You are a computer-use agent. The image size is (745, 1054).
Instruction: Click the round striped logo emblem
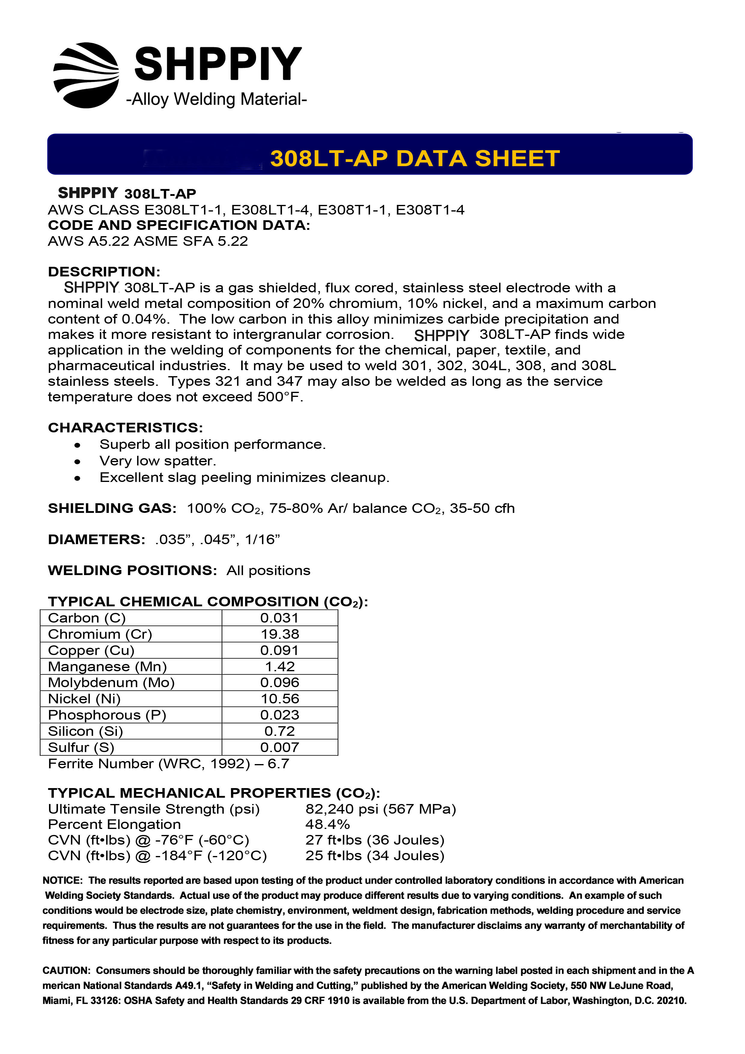(86, 75)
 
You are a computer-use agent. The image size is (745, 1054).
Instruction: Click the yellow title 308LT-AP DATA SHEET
(415, 158)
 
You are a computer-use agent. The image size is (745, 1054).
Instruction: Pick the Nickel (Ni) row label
(84, 699)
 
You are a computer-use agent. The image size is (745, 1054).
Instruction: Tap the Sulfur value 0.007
(280, 747)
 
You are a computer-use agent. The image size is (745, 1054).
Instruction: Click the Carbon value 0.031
(280, 618)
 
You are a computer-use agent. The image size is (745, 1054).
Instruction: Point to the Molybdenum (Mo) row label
(111, 683)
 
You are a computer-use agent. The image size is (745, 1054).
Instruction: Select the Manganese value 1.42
(280, 666)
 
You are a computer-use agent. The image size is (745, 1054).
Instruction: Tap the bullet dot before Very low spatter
(78, 462)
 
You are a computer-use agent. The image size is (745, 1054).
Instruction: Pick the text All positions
(268, 571)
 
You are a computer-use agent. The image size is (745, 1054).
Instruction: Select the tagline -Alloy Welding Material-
(216, 99)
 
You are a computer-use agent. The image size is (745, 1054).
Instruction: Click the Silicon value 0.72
(280, 731)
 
